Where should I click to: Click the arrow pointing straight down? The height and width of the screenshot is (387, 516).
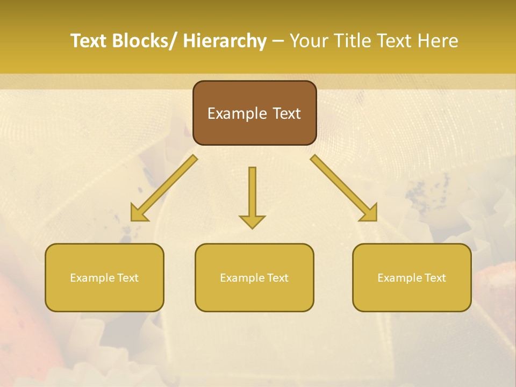[252, 196]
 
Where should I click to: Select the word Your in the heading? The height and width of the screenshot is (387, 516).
[309, 41]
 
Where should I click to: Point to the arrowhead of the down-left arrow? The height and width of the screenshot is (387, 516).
[139, 213]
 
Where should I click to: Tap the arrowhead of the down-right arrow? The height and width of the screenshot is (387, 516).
[369, 213]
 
